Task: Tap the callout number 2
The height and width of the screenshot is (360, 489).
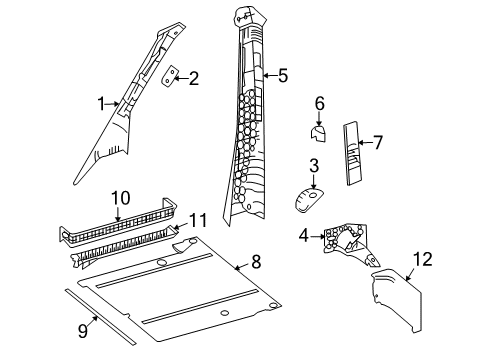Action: pos(193,77)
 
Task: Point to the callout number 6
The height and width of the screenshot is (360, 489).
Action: pos(319,103)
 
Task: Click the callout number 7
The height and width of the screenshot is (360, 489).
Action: pos(378,142)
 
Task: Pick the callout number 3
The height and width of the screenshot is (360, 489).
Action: pos(313,166)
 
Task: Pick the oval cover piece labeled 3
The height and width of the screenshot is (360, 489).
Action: pos(308,200)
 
